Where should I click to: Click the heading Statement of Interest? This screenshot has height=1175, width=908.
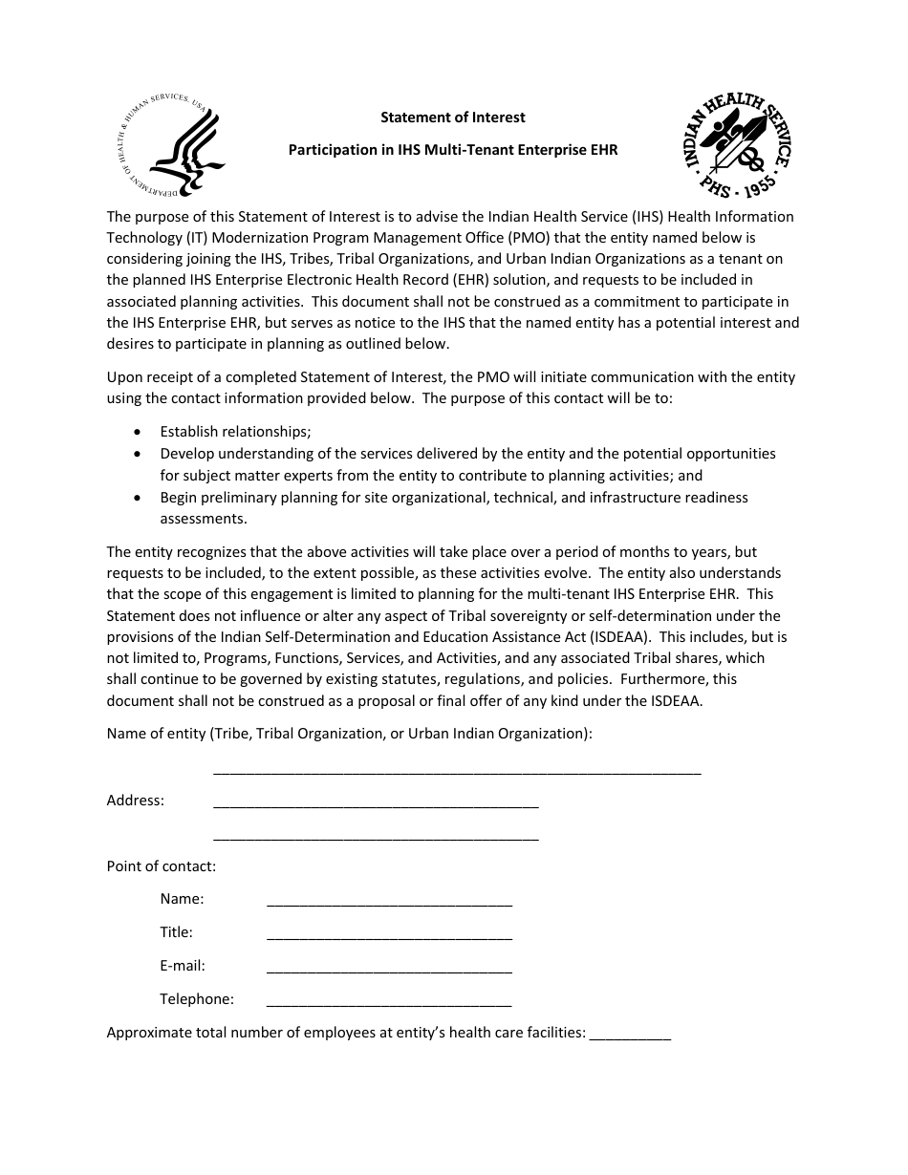453,117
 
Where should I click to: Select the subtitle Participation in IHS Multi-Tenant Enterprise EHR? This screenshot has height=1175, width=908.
454,150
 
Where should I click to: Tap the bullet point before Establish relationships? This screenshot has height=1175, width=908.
141,432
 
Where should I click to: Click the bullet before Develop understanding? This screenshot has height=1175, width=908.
141,454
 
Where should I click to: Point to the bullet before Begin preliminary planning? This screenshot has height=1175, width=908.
141,498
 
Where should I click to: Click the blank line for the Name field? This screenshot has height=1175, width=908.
389,902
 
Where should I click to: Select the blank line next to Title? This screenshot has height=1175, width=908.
389,935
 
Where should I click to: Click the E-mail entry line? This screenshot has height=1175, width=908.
389,969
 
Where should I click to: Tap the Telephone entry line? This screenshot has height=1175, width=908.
389,1002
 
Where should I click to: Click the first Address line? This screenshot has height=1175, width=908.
376,803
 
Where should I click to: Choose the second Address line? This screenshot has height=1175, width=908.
376,837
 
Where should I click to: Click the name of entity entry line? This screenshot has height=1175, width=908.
457,770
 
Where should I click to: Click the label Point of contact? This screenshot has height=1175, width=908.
162,866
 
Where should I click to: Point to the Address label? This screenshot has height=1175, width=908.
135,801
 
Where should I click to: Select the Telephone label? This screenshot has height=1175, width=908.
197,999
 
